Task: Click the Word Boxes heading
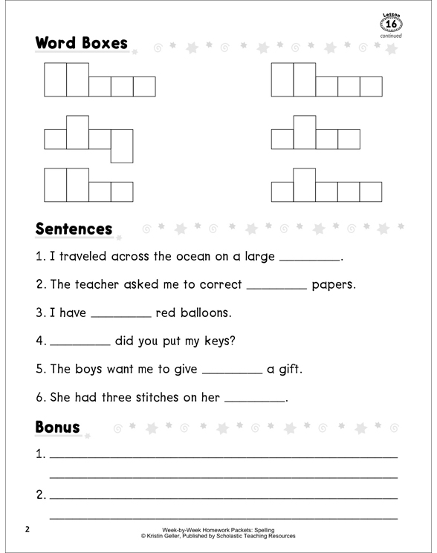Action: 81,43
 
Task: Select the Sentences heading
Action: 74,229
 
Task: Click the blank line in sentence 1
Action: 308,260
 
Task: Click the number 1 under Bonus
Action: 40,454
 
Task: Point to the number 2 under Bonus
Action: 40,494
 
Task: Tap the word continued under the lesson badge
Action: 391,36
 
